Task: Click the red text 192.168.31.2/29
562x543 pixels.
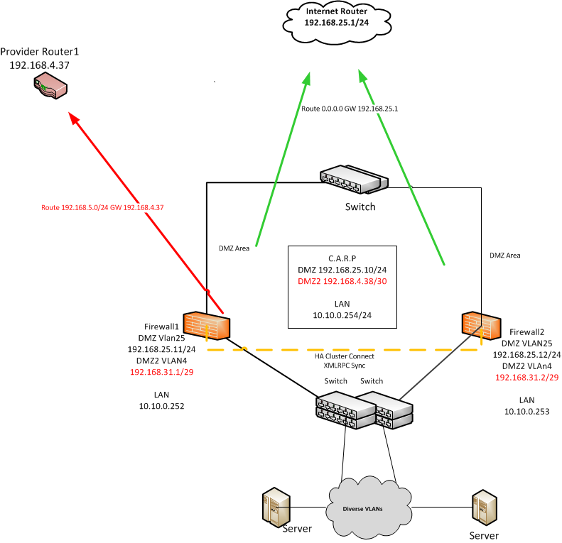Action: tap(526, 378)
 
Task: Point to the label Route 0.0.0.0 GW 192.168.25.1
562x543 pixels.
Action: tap(349, 109)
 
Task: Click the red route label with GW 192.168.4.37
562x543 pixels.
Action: tap(102, 208)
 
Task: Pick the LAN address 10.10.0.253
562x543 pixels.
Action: tap(526, 411)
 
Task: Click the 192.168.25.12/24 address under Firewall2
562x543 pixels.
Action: tap(526, 354)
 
